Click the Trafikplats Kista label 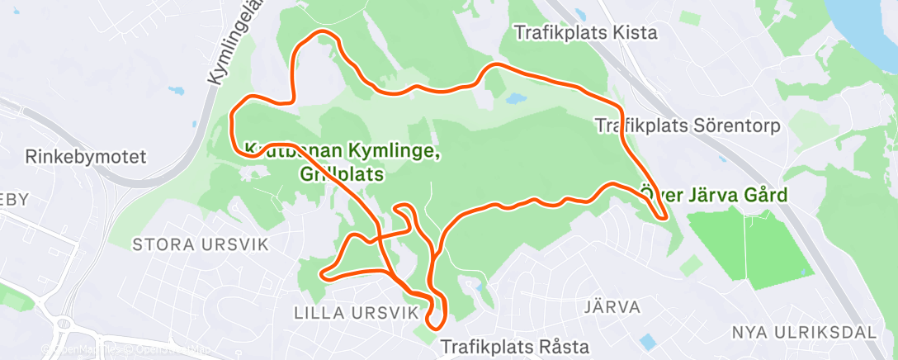click(x=585, y=33)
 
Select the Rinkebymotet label click(x=85, y=156)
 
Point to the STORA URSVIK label click(x=188, y=244)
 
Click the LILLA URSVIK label click(x=345, y=312)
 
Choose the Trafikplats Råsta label click(x=515, y=344)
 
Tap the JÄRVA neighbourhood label click(x=612, y=307)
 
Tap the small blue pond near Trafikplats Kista click(x=514, y=98)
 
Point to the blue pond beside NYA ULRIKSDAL click(x=649, y=340)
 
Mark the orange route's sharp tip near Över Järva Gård click(x=664, y=217)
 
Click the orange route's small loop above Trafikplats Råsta click(x=437, y=310)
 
